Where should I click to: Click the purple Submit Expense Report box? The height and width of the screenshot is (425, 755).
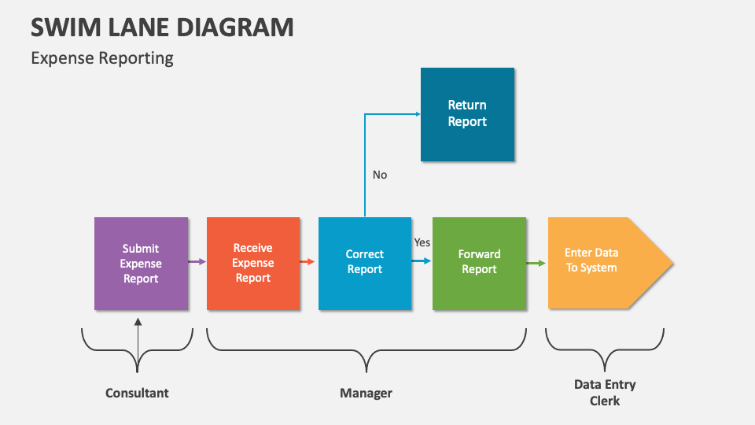(x=141, y=264)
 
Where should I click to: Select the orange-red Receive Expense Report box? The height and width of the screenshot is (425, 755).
(x=253, y=264)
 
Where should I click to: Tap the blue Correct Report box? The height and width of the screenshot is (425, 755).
(x=365, y=263)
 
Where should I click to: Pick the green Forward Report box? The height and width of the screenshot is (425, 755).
(x=479, y=263)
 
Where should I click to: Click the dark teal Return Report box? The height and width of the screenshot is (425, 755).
(x=467, y=114)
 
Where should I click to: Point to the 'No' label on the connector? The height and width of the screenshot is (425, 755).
(x=380, y=175)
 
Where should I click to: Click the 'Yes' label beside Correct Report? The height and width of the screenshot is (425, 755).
(x=422, y=242)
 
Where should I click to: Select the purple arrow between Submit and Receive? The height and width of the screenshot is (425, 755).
(x=197, y=261)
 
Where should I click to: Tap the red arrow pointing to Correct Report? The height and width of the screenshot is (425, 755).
(x=309, y=261)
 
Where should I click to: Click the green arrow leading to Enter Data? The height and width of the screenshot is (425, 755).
(x=536, y=263)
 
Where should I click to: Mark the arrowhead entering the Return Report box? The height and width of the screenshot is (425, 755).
(x=416, y=114)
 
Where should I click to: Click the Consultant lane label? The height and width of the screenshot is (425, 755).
(x=137, y=393)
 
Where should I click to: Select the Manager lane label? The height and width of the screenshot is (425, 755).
(x=366, y=393)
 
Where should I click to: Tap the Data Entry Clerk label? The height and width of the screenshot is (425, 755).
(x=604, y=393)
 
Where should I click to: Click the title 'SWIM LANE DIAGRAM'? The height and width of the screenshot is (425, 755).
(x=162, y=27)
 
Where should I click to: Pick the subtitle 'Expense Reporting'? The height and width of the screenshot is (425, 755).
(x=102, y=58)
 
